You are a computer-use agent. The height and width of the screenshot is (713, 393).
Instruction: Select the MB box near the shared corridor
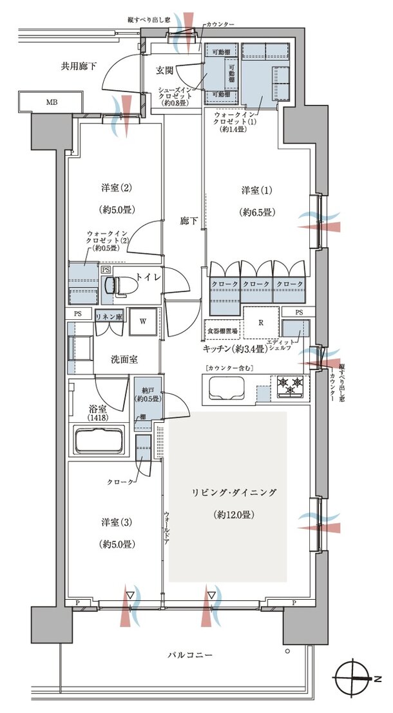click(50, 102)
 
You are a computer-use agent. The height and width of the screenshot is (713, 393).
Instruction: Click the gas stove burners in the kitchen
click(291, 386)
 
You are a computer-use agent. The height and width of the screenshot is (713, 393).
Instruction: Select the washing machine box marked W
click(142, 322)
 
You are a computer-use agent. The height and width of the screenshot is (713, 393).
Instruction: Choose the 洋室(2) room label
click(117, 188)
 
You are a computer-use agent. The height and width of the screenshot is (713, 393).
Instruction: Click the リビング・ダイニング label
click(233, 493)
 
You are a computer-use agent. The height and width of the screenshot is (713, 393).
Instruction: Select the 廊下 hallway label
click(187, 220)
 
